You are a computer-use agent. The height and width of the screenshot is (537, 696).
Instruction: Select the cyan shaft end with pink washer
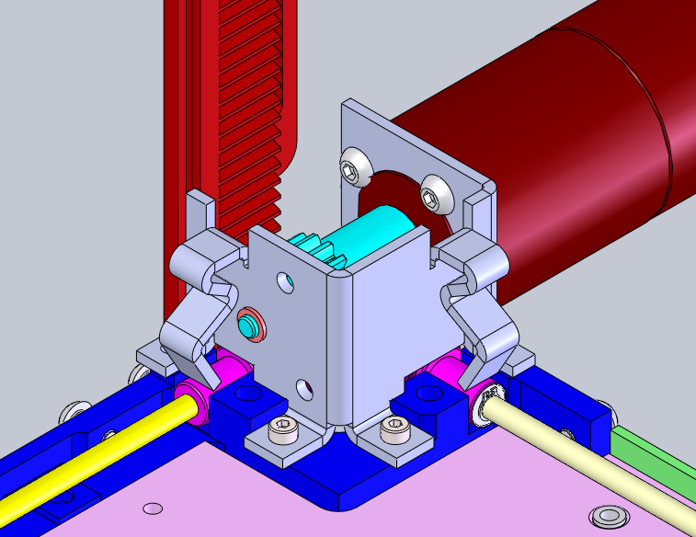249,325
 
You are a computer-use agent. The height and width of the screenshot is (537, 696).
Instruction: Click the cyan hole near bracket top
288,280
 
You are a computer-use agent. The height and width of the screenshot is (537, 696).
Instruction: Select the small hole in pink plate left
153,508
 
